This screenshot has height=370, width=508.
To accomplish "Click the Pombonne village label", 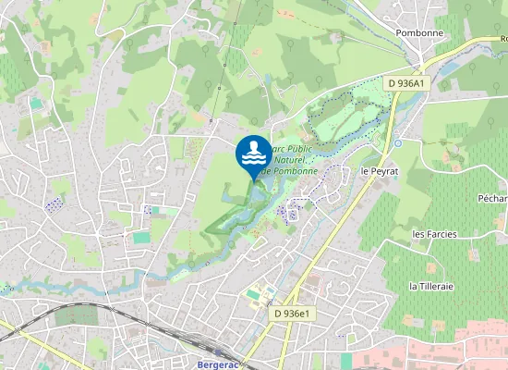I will [x=419, y=32].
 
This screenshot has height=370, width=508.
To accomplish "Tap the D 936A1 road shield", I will [x=406, y=83].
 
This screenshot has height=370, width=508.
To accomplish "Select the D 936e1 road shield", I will [x=295, y=314].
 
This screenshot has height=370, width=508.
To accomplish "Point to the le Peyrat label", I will [x=378, y=172].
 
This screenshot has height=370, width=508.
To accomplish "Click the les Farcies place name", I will [x=436, y=234].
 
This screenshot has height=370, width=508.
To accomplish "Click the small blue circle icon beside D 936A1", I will [x=398, y=142].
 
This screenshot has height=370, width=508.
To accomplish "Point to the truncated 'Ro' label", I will [x=503, y=39].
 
